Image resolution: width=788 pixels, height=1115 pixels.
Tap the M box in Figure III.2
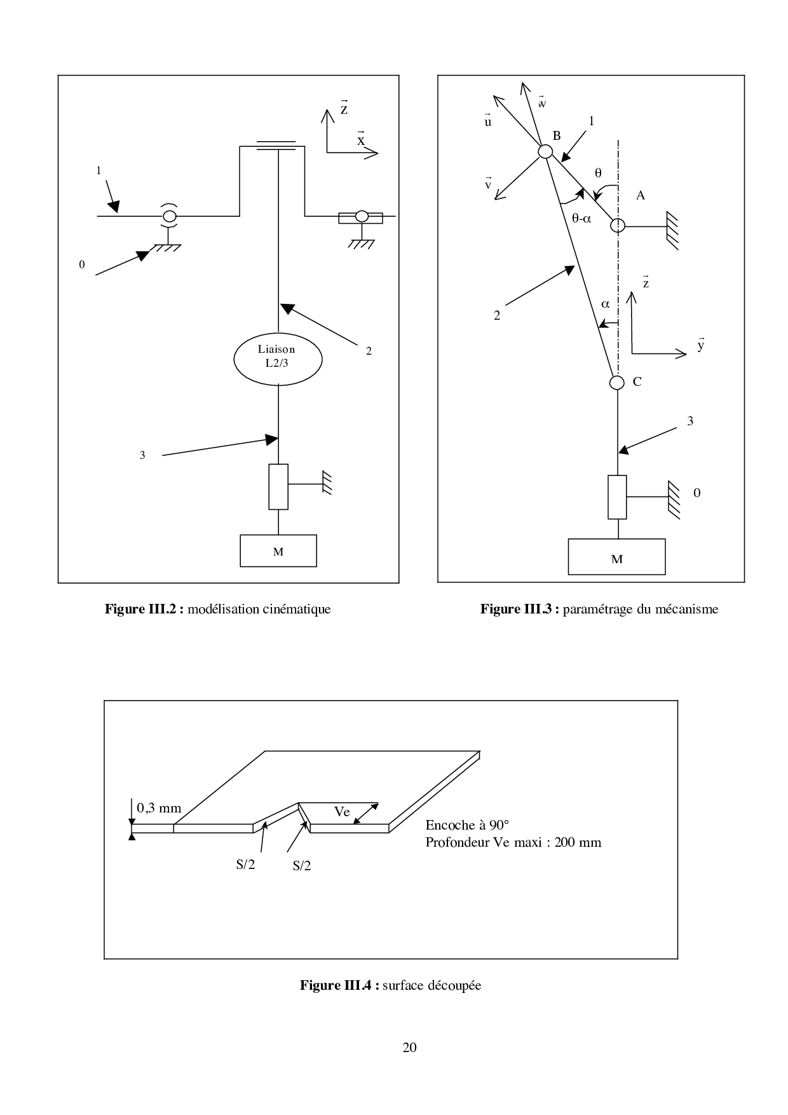(x=278, y=551)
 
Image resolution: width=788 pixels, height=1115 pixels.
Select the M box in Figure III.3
(x=616, y=557)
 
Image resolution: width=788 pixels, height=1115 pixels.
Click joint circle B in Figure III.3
(x=545, y=151)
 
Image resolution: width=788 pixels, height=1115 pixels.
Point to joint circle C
(x=616, y=382)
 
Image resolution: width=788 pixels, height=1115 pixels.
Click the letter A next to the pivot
(x=641, y=196)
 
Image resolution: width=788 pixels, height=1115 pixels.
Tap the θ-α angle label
(x=581, y=218)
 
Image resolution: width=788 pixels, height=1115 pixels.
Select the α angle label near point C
(x=605, y=304)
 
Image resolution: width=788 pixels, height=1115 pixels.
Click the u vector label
(x=488, y=121)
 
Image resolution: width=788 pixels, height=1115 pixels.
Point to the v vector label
(x=488, y=184)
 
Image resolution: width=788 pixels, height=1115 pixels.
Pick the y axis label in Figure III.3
(x=700, y=345)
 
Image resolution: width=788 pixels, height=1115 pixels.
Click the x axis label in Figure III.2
(x=361, y=140)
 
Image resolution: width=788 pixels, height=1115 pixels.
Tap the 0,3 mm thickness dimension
(x=159, y=808)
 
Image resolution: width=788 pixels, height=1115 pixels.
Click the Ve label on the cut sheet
(x=342, y=812)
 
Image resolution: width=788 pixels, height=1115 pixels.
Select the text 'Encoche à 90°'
(x=467, y=825)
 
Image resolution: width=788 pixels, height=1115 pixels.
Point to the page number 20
(x=410, y=1048)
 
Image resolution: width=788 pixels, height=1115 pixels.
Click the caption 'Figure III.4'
(x=339, y=985)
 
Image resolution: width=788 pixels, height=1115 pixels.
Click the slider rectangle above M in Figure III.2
(x=278, y=486)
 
